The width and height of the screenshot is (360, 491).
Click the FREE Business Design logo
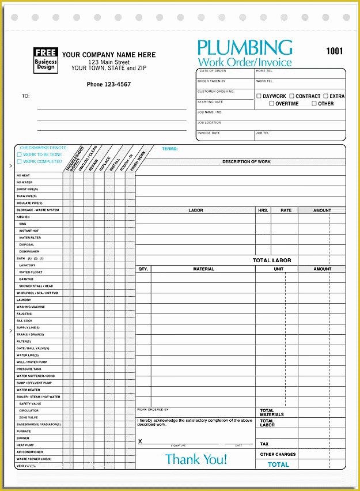45,59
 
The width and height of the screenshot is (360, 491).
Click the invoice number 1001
334,51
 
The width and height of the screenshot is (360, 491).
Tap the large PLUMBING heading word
245,48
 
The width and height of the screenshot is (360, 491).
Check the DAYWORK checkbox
259,96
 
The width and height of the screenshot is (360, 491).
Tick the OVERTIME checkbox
271,104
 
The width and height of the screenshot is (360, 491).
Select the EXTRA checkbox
325,96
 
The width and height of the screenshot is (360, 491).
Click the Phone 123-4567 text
108,85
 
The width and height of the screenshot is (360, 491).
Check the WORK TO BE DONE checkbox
20,154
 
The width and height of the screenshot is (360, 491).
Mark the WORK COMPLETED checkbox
20,161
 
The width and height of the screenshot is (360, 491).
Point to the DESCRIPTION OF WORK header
246,162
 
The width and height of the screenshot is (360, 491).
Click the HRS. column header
263,210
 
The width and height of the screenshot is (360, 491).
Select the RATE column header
286,210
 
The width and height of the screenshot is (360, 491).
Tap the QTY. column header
143,269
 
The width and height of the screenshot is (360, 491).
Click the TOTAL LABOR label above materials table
272,260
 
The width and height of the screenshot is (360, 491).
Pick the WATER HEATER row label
28,390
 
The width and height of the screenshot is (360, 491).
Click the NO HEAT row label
23,175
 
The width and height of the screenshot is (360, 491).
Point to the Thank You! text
196,459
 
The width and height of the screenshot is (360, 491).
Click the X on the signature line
140,441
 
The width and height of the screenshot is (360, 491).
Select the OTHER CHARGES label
278,454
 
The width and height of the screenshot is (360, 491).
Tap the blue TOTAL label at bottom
278,464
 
